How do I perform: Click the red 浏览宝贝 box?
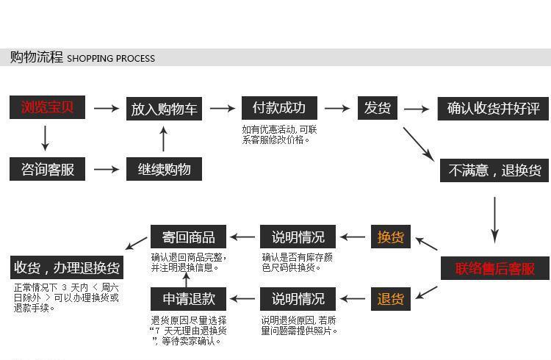(x=48, y=107)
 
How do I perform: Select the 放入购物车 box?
(x=164, y=109)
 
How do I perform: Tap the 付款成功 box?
(x=279, y=108)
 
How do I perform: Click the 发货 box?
(x=378, y=108)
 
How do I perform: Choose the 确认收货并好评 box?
(x=493, y=109)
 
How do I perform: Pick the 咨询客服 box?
(x=48, y=169)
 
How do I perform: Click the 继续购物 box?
(x=164, y=169)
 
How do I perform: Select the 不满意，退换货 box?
(x=494, y=170)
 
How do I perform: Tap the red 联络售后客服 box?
(x=495, y=268)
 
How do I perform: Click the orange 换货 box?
(x=391, y=237)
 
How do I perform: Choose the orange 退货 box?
(x=391, y=299)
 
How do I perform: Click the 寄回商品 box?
(x=188, y=237)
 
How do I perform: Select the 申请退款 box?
(x=188, y=299)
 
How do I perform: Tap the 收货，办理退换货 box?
(x=67, y=267)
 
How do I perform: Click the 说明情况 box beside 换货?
(x=298, y=237)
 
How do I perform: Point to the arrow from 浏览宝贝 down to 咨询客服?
(x=45, y=138)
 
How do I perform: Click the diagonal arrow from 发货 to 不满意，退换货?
(x=419, y=144)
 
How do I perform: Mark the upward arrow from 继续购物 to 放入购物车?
(x=163, y=139)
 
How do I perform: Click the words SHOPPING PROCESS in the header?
(x=111, y=58)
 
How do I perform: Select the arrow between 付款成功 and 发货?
(x=337, y=108)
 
